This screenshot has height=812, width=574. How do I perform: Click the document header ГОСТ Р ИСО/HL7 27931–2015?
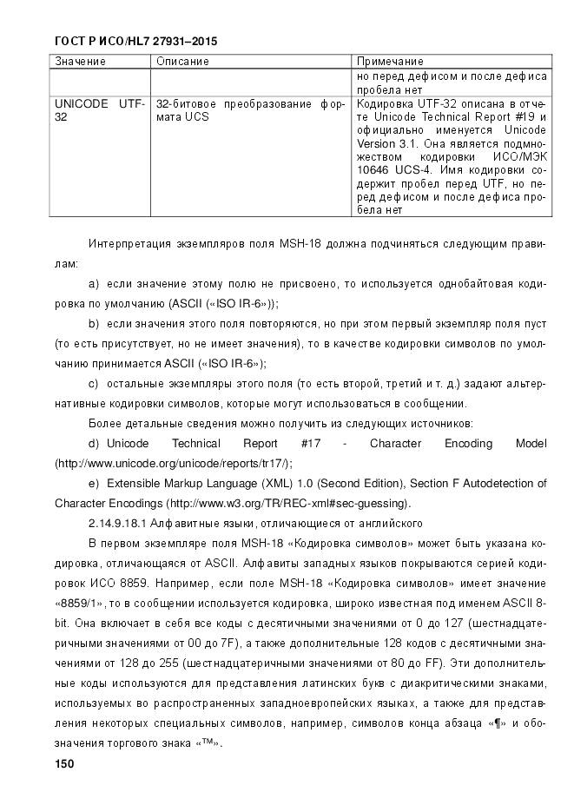pos(135,41)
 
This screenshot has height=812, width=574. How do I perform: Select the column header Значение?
pos(81,62)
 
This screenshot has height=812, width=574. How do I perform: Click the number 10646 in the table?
pos(374,171)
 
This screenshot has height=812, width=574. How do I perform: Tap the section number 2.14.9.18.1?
pos(118,523)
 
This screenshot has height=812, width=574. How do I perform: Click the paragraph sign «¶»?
pos(497,723)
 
